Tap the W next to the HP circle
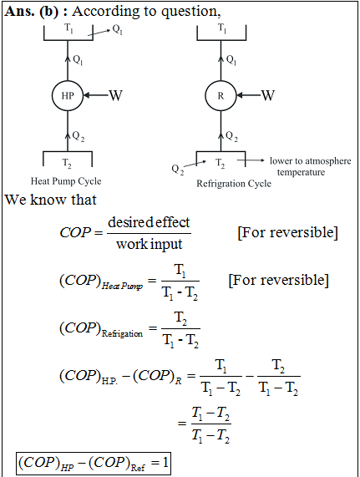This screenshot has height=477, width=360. (116, 95)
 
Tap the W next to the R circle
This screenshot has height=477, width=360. (268, 95)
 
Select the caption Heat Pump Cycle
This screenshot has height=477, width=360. (66, 181)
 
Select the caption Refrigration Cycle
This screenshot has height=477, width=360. (234, 184)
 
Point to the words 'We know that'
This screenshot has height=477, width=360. (50, 200)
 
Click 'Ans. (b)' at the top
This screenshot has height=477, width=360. (32, 12)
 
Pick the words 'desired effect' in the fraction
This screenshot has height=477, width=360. (149, 222)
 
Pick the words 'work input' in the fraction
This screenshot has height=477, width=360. (150, 244)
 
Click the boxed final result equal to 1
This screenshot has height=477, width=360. (94, 464)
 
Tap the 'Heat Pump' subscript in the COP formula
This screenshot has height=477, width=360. (122, 286)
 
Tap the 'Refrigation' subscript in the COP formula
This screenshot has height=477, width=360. (122, 333)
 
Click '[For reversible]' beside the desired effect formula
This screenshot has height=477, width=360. (287, 233)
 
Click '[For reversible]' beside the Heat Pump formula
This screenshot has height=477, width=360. (278, 280)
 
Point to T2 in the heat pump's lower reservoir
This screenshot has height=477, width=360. (67, 163)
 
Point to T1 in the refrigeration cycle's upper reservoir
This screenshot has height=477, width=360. (222, 28)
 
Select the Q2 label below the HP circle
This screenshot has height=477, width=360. (79, 137)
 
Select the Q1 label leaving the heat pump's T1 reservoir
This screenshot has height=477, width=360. (118, 29)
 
